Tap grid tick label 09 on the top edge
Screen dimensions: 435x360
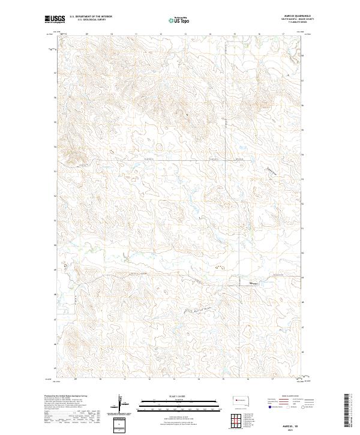pyautogui.click(x=88, y=34)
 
